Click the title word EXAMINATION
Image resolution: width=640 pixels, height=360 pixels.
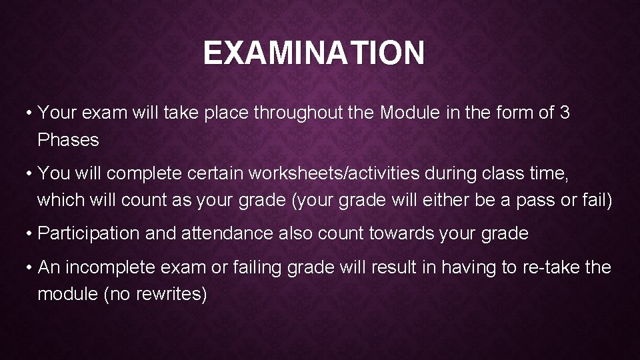313,53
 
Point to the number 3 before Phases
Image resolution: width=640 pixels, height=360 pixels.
565,113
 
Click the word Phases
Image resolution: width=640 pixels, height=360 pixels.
68,140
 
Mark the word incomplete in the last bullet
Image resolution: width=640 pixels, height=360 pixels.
112,267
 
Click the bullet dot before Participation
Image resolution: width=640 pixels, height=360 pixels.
31,234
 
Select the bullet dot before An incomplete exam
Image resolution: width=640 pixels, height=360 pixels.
31,268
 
